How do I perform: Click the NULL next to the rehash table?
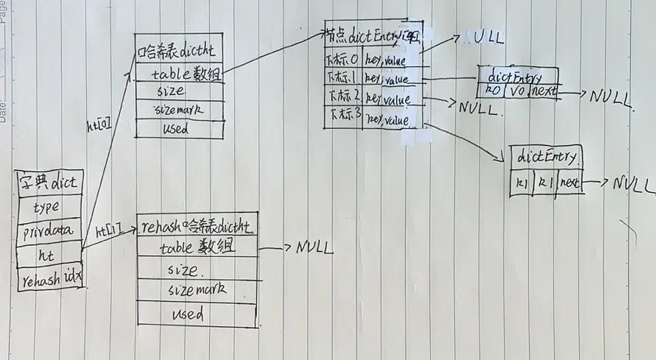click(x=315, y=247)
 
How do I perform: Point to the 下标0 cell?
click(x=342, y=58)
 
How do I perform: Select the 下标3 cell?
click(x=342, y=116)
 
